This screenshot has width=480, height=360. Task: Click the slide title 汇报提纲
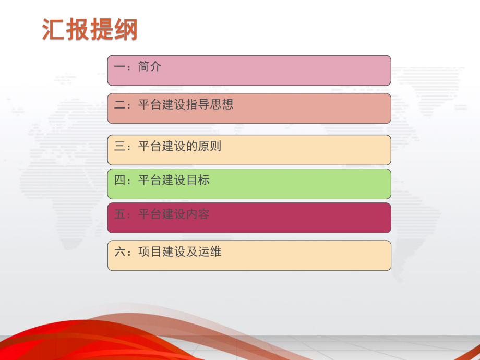tap(90, 30)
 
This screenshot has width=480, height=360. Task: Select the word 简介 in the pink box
tap(150, 67)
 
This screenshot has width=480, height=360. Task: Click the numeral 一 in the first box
tap(119, 67)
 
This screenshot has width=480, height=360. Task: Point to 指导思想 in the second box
tap(210, 104)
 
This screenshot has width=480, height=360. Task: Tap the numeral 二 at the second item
tap(119, 104)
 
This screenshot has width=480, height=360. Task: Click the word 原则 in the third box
tap(210, 146)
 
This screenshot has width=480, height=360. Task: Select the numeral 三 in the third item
tap(119, 146)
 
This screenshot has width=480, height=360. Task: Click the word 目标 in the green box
tap(198, 181)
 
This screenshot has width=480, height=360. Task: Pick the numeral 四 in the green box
tap(119, 181)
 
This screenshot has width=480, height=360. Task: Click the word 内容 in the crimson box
tap(198, 214)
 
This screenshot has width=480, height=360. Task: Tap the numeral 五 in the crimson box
tap(119, 214)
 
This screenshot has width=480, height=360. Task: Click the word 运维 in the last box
tap(210, 252)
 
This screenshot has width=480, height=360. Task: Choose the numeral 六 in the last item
tap(119, 252)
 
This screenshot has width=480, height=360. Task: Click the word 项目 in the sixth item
tap(150, 252)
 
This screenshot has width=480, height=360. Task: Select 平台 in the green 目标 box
tap(150, 181)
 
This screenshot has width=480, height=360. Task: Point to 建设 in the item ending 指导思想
tap(174, 104)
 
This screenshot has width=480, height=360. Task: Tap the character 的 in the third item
tap(192, 146)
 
